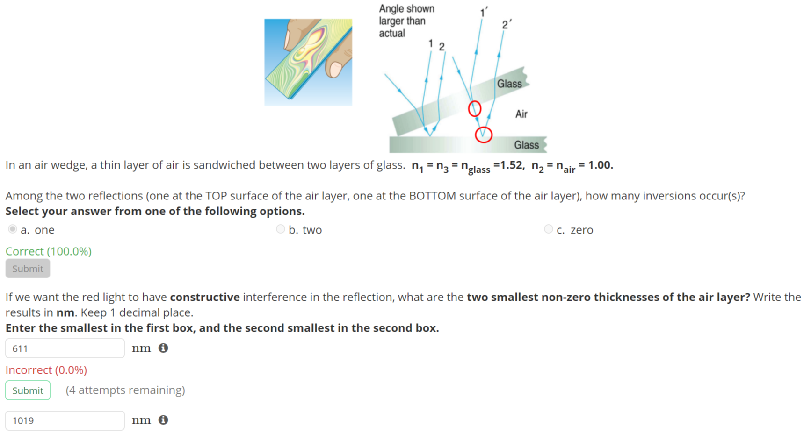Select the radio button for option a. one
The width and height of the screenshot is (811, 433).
coord(13,229)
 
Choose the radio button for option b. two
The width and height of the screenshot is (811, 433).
coord(281,229)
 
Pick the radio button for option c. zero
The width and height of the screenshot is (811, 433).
coord(549,229)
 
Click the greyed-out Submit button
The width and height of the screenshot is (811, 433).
coord(28,269)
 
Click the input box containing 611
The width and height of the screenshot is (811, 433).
coord(65,348)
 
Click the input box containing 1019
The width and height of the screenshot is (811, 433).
coord(65,420)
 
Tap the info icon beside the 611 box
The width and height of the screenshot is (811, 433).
coord(163,348)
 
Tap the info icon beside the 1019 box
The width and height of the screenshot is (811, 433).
coord(163,420)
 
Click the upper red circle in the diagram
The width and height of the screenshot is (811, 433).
coord(475,108)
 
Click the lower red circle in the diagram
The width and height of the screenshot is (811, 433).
coord(484,135)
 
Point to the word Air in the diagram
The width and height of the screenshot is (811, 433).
coord(521,114)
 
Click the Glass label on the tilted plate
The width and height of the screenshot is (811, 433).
coord(509,84)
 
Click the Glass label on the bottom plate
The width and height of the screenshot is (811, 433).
coord(527,145)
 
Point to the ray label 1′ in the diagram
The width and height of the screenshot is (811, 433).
coord(484,12)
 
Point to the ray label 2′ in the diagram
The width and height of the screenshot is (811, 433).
coord(507,24)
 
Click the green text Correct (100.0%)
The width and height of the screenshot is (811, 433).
coord(49,251)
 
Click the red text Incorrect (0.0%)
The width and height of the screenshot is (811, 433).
coord(46,370)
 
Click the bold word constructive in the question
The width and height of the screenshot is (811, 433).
coord(205,297)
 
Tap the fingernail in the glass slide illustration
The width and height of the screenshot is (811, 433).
coord(335,69)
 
